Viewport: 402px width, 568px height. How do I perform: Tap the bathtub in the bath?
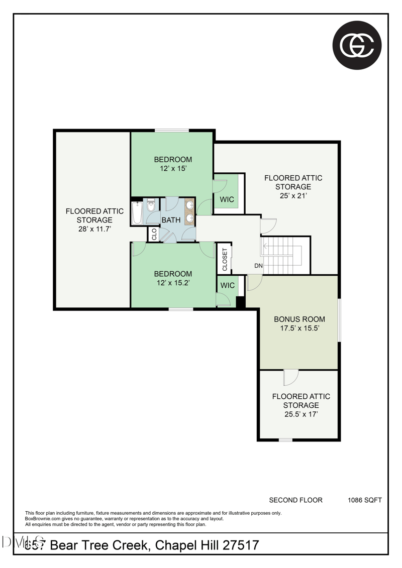coord(137,213)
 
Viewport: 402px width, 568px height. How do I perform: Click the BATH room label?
coord(171,220)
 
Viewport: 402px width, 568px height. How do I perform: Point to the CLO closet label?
coord(154,234)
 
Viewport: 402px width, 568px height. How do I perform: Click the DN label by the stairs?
coord(258,266)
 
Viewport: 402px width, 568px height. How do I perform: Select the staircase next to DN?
coord(284,255)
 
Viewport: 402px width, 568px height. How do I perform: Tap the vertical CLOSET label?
coord(225,260)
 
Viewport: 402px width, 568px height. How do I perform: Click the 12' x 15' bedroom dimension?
coord(173,169)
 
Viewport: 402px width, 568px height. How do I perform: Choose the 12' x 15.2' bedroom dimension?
coord(173,283)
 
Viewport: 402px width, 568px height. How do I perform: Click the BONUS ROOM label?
coord(299,319)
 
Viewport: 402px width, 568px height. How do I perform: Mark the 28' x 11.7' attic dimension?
coord(94,229)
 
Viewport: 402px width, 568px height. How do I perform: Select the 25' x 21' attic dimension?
coord(293,196)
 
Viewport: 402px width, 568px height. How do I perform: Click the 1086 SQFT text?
coord(365,500)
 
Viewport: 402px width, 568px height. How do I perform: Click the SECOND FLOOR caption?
coord(295,500)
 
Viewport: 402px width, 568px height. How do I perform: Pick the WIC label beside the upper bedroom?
coord(227,199)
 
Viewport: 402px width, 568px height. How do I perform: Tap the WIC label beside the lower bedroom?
coord(228,285)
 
